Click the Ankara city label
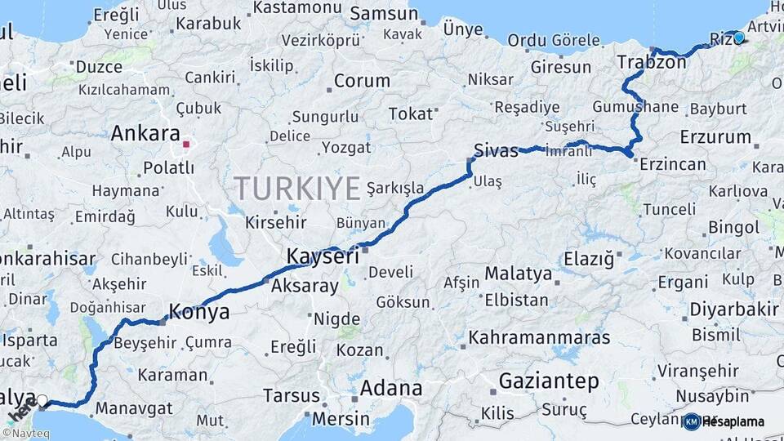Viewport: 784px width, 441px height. click(145, 133)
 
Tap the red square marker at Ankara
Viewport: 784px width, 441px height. click(186, 145)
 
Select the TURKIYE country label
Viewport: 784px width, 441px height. click(298, 189)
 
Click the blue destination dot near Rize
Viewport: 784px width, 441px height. click(739, 37)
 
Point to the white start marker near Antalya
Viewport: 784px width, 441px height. click(42, 400)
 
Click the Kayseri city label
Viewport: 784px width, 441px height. click(323, 256)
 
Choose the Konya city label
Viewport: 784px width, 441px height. click(198, 311)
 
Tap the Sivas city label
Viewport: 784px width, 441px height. click(496, 150)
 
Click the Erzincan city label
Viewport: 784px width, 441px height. click(673, 164)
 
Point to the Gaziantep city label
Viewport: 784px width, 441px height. click(548, 381)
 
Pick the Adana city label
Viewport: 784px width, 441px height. click(391, 388)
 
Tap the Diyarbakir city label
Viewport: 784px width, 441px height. click(734, 310)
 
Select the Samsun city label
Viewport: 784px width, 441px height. click(384, 14)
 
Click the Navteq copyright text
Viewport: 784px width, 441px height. click(26, 434)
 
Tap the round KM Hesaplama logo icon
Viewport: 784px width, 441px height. click(692, 421)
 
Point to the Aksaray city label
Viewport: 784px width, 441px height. click(304, 287)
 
